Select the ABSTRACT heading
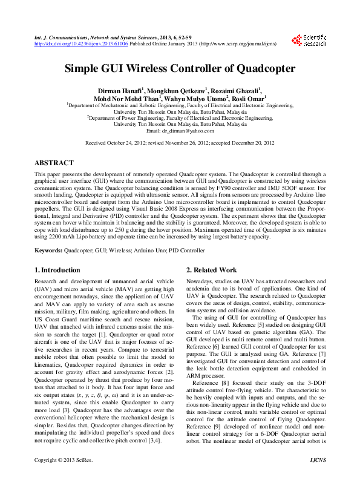coord(54,163)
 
